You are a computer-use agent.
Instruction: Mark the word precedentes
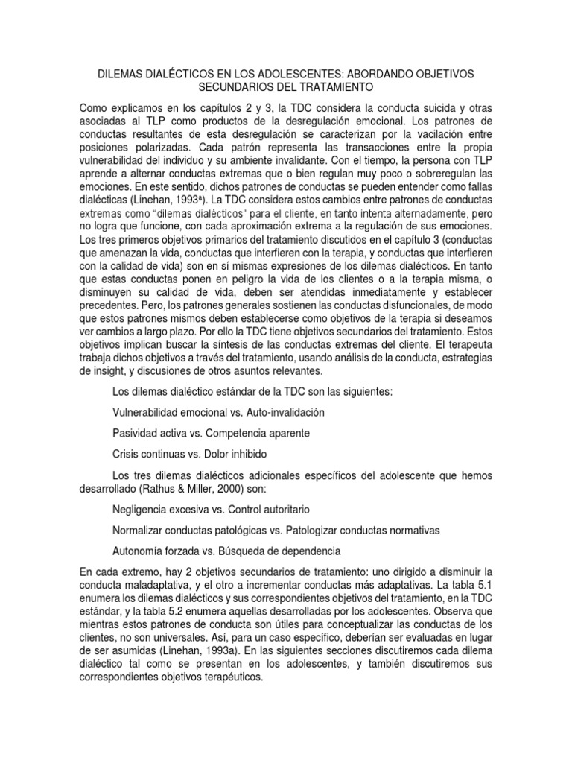coord(110,305)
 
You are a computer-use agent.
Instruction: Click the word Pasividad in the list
coord(136,433)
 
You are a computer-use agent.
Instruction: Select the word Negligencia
coord(144,510)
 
